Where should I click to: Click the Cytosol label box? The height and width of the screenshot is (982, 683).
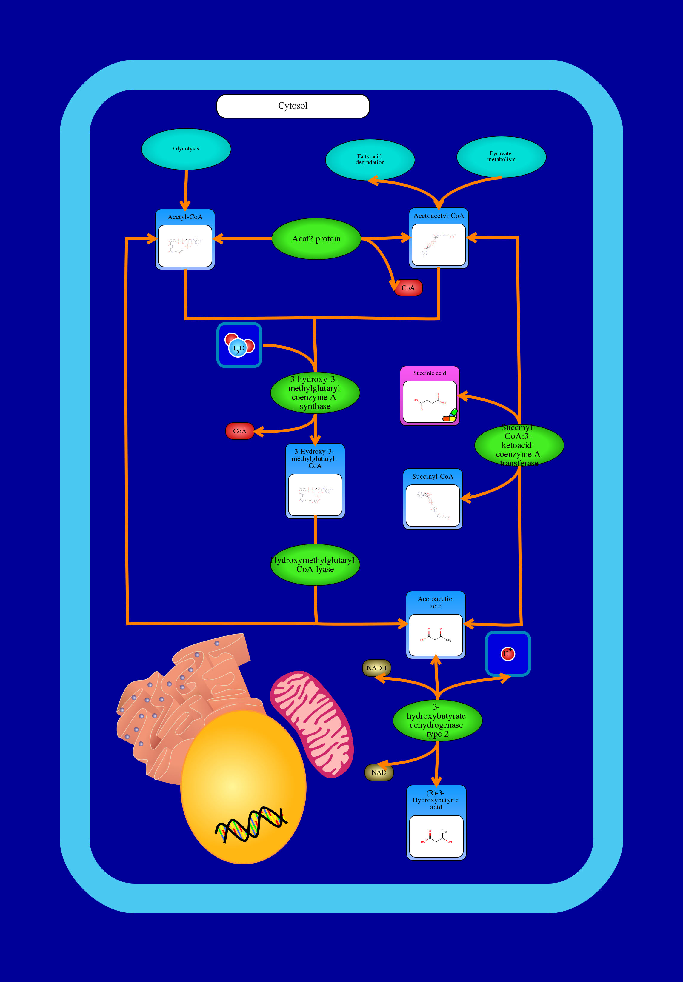coord(293,106)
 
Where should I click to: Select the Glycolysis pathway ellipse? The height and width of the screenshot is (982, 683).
coord(186,149)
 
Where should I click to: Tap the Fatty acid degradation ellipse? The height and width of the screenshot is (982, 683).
coord(370,159)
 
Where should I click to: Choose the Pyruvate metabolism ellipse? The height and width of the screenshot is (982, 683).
coord(501,156)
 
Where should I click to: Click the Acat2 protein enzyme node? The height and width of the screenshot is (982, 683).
coord(316,239)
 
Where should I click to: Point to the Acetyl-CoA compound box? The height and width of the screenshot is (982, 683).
coord(185,239)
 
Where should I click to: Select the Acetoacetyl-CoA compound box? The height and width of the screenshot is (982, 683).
coord(439,238)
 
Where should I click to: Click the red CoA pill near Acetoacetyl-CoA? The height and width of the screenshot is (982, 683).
coord(408,288)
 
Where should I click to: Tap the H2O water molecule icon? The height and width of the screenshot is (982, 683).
coord(239,345)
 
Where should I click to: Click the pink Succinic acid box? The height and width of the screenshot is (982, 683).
coord(429,395)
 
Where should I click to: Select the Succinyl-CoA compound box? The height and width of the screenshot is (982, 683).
coord(432,499)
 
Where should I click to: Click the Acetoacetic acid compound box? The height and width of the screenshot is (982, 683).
coord(435,625)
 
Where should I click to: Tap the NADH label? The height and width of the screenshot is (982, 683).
coord(376,668)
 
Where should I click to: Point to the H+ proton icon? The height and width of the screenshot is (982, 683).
coord(508,654)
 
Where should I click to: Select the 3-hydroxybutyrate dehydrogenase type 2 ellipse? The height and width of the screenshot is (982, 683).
coord(437,721)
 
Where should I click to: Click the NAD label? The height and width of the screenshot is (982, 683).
coord(379,772)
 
